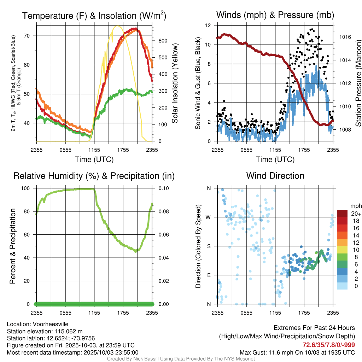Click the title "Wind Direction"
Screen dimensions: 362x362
275,176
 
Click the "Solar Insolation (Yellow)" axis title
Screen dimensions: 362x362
175,83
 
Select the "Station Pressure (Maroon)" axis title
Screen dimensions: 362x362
358,83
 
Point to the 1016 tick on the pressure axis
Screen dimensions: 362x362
345,37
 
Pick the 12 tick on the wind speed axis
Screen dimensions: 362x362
208,25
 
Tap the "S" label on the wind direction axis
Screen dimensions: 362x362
209,246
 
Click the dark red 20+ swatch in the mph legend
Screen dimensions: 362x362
343,214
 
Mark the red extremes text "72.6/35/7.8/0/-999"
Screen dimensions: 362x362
328,345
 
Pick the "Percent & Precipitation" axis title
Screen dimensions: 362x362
12,246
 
